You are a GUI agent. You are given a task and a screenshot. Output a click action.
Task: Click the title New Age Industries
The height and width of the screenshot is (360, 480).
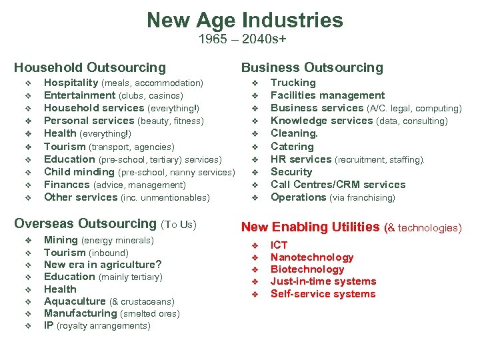click(245, 19)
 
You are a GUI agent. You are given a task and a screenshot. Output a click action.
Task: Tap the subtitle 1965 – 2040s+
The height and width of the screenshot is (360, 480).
click(243, 39)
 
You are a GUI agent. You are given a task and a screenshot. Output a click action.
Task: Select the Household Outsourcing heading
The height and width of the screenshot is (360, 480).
click(90, 67)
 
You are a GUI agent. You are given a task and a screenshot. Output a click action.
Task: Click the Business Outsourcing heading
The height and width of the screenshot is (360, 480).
click(312, 67)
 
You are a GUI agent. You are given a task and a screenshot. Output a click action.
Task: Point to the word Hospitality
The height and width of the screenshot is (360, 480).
click(71, 83)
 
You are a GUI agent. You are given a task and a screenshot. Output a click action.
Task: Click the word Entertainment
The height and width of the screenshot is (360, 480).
click(79, 95)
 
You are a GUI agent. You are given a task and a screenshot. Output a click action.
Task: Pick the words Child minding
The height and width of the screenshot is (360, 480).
click(79, 172)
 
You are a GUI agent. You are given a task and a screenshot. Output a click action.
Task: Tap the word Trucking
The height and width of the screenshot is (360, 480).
click(293, 83)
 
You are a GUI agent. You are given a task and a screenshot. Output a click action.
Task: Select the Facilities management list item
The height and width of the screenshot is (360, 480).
click(327, 95)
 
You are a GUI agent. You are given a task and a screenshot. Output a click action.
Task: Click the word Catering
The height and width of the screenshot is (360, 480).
click(291, 147)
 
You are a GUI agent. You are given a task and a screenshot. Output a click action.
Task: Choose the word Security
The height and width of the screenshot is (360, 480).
click(291, 172)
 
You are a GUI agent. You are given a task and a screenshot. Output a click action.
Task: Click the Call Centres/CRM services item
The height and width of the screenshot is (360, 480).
click(337, 185)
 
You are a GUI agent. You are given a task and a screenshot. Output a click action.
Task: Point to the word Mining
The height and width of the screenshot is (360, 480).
click(61, 240)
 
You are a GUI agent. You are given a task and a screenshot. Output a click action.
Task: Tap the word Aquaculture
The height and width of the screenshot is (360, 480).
click(75, 301)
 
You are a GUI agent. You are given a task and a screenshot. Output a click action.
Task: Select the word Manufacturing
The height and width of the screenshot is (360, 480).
click(80, 313)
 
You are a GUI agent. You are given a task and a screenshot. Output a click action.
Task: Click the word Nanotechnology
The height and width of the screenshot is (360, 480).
click(312, 257)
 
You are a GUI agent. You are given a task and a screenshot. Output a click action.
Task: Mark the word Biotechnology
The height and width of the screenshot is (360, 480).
click(307, 269)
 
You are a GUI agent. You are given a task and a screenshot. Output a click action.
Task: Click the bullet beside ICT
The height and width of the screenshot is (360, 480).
click(254, 245)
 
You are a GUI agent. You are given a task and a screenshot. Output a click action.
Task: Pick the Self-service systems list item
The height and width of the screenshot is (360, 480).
click(323, 294)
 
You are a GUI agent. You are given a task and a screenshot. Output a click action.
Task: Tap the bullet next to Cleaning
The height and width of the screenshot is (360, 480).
click(254, 134)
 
